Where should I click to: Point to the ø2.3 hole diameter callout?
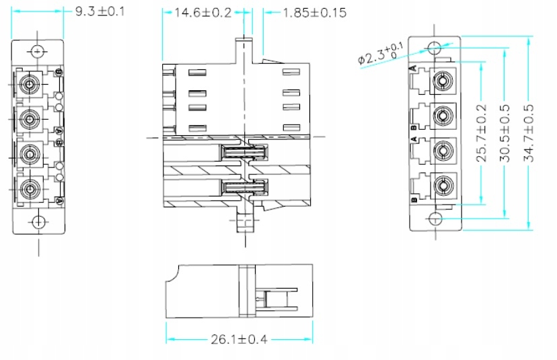381,55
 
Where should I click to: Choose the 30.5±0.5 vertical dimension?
505,133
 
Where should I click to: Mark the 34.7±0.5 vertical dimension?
528,133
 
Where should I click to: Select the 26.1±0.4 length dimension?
239,339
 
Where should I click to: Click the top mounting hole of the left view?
38,50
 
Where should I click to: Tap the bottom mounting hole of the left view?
38,221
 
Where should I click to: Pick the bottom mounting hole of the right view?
435,219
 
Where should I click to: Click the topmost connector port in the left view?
29,85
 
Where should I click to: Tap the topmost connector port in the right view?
443,82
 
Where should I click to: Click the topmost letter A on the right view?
413,69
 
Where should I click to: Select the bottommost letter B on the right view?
413,199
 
